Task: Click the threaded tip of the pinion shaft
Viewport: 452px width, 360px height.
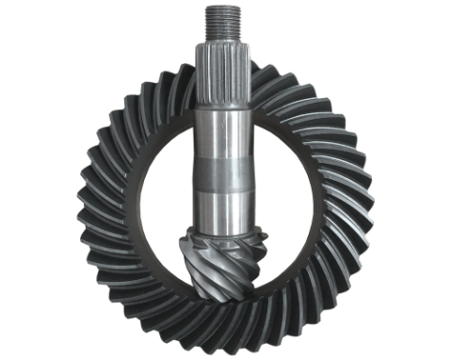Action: (224, 21)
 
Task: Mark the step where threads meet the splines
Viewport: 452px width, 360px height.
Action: (224, 41)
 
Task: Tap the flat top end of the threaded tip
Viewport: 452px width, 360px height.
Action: (224, 7)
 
